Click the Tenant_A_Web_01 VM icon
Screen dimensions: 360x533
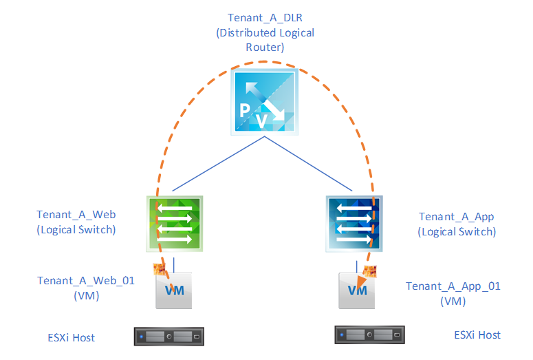pyautogui.click(x=174, y=290)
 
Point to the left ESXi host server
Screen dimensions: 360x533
pyautogui.click(x=170, y=337)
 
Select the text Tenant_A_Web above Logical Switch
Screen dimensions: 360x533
pyautogui.click(x=76, y=215)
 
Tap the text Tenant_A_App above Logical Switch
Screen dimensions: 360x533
pyautogui.click(x=456, y=217)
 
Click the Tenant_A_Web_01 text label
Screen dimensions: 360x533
pyautogui.click(x=87, y=281)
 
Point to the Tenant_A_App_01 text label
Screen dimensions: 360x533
pyautogui.click(x=453, y=286)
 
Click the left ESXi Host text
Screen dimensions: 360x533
pyautogui.click(x=66, y=337)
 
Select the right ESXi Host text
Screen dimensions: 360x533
pyautogui.click(x=477, y=335)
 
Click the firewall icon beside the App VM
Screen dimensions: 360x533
pyautogui.click(x=371, y=272)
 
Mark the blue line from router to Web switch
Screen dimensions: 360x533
pyautogui.click(x=216, y=163)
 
